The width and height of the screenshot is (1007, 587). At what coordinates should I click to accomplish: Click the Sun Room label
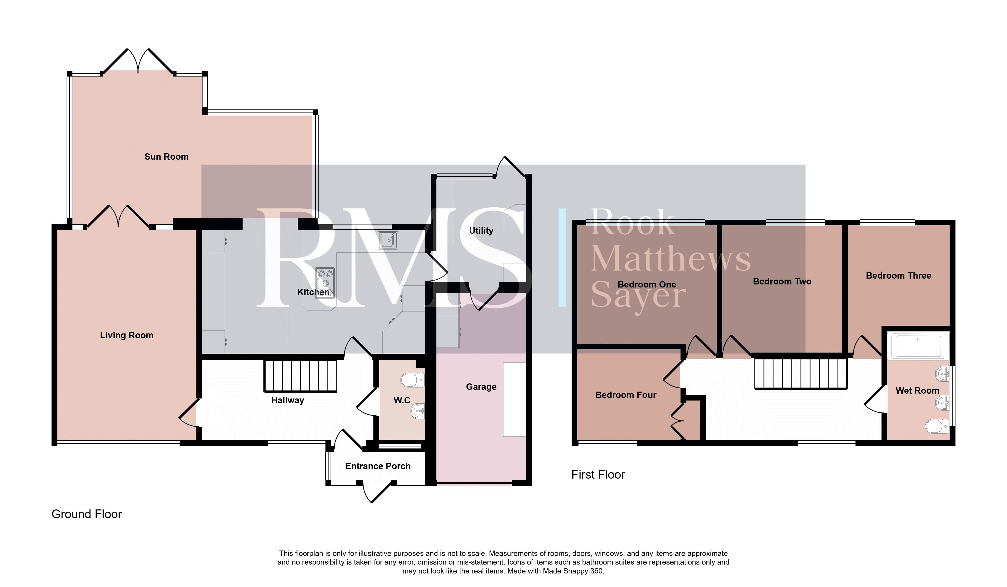click(166, 157)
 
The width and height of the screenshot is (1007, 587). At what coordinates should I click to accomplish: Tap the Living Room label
click(127, 335)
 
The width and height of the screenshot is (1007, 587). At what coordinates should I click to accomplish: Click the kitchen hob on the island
click(324, 282)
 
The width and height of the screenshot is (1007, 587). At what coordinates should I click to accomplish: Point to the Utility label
click(481, 231)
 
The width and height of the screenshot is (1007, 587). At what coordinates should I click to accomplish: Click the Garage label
click(481, 387)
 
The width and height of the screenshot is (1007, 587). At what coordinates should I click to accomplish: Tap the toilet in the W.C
click(412, 380)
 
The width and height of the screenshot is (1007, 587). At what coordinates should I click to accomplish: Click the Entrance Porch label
click(377, 466)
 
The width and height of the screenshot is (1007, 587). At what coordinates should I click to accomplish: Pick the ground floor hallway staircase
click(300, 376)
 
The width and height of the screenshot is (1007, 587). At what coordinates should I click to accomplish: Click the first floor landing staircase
click(801, 374)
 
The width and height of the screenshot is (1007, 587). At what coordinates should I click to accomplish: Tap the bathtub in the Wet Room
click(918, 346)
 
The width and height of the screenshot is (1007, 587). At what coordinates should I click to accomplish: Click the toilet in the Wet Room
click(937, 426)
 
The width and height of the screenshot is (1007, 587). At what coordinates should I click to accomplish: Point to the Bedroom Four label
click(626, 395)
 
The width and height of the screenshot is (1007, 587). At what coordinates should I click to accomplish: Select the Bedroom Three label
click(898, 275)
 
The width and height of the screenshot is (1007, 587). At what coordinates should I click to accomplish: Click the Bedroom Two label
click(782, 281)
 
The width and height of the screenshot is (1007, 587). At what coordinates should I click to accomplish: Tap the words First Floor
click(598, 474)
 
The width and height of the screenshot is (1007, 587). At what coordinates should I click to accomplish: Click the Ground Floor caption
click(87, 514)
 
